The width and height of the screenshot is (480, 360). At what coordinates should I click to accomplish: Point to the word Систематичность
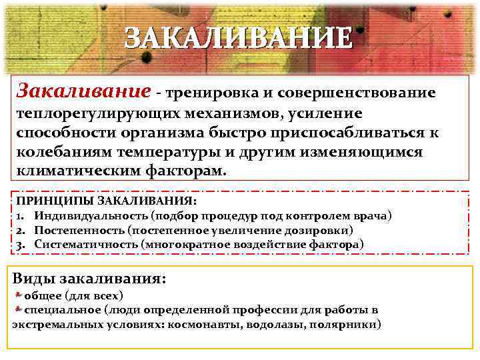click(87, 245)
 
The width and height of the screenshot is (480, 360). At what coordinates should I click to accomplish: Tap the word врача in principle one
click(375, 216)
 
